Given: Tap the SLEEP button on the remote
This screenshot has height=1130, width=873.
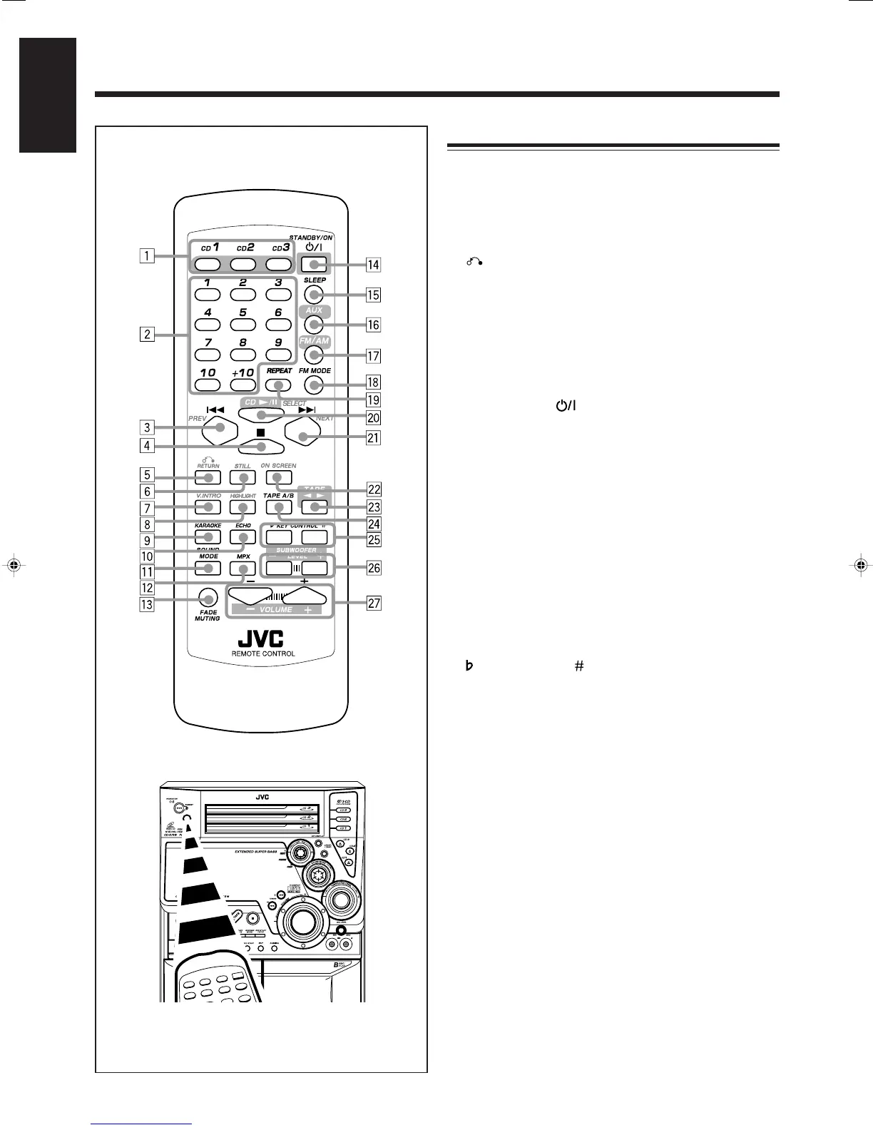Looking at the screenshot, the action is coord(314,294).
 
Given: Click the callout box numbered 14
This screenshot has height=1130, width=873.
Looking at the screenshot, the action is coord(372,265).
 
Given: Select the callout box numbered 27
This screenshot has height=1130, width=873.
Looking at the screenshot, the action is coord(372,604).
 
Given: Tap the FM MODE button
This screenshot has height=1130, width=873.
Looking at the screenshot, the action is coord(314,385).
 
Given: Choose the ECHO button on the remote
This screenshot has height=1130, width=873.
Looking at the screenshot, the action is coord(243,537).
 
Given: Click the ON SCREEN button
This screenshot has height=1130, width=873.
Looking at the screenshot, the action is coord(279,477).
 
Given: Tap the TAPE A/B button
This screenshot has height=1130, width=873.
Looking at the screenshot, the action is coord(279,507).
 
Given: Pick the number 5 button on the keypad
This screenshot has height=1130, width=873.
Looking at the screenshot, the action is coord(243,325).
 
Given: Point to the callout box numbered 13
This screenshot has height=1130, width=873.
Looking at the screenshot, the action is coord(147,605).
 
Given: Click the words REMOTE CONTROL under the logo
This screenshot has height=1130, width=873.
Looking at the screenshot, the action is coord(263,653).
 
